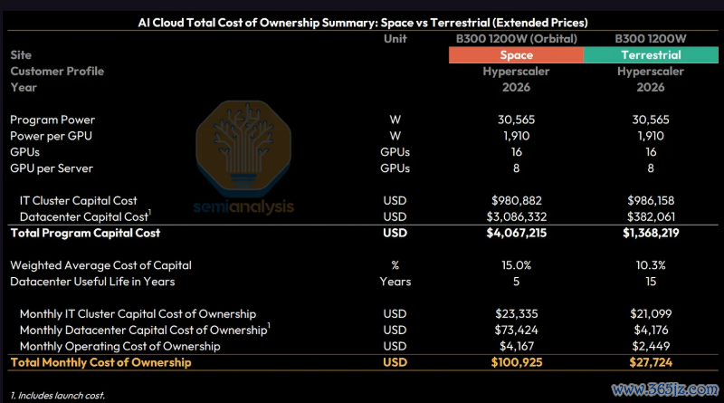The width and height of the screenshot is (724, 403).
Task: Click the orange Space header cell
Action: click(516, 55)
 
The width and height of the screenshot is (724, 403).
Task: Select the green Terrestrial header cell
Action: click(651, 55)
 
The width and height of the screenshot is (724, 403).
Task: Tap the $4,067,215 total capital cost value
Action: click(516, 233)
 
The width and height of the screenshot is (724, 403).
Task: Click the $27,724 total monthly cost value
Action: click(651, 362)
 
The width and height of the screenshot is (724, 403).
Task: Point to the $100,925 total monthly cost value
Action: click(516, 362)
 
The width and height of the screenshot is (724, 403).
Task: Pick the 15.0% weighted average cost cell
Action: click(516, 265)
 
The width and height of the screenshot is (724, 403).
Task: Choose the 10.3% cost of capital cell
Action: click(651, 265)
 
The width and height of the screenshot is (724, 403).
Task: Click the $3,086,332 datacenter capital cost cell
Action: click(516, 216)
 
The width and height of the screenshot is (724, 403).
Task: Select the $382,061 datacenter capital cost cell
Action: click(651, 216)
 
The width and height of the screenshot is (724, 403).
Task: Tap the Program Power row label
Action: click(52, 120)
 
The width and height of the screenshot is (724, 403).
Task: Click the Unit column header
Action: click(395, 39)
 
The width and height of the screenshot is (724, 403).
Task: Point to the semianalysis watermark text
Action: click(243, 206)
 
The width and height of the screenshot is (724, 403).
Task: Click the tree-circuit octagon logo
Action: click(243, 147)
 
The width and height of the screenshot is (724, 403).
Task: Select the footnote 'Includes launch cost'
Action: click(57, 396)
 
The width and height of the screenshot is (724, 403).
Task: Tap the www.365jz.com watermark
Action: click(665, 389)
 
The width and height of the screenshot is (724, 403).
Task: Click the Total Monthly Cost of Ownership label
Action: click(100, 362)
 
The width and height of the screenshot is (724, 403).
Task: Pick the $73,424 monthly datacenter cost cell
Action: click(516, 330)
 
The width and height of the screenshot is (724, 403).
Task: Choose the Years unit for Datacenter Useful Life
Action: click(395, 282)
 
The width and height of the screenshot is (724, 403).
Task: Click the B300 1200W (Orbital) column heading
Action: click(516, 39)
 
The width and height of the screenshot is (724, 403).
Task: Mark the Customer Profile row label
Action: click(57, 72)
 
